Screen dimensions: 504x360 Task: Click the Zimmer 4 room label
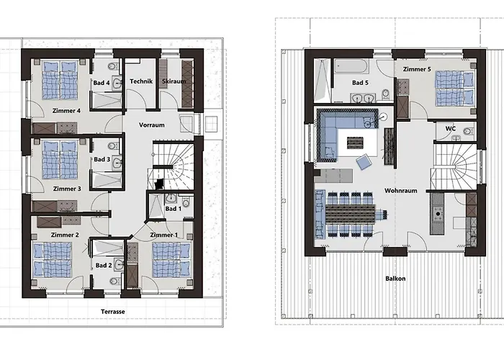point(66,111)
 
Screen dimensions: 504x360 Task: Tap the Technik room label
point(141,81)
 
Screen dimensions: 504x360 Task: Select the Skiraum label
point(174,81)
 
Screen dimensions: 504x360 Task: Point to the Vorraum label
point(152,125)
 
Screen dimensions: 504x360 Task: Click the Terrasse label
point(113,312)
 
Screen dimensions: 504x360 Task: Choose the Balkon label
point(395,279)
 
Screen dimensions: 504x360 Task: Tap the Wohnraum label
point(401,191)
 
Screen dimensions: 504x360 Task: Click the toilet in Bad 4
point(113,66)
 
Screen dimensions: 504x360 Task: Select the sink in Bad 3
point(117,162)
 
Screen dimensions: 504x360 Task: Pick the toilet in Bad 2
point(114,281)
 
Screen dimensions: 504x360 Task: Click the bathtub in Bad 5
point(351,66)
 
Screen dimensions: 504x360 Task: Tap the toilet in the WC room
point(469,132)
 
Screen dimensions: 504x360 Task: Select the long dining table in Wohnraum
point(351,215)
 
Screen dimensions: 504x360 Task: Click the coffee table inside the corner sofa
point(355,143)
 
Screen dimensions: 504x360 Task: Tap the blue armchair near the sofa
point(363,162)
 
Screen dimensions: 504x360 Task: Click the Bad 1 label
point(174,209)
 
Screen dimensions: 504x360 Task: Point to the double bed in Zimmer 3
point(60,160)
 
